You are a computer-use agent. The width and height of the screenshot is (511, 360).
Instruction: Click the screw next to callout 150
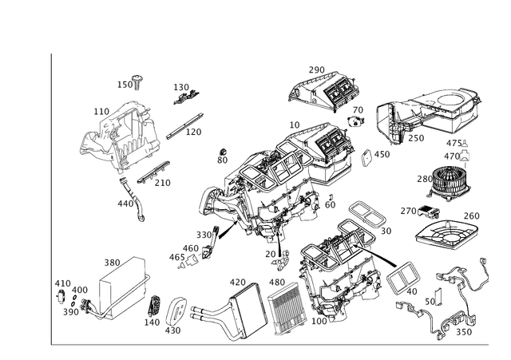point(137,83)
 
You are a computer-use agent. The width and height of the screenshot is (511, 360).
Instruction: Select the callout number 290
point(317,69)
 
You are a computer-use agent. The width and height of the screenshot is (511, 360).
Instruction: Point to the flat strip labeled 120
point(184,126)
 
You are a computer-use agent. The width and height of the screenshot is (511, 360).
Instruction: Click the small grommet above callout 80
point(224,152)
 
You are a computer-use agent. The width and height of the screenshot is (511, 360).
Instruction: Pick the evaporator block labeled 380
point(122,287)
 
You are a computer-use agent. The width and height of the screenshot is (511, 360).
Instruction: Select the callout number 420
point(238,282)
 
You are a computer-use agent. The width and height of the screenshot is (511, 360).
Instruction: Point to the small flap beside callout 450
point(366,158)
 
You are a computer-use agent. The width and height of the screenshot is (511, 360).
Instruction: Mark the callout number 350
point(464,332)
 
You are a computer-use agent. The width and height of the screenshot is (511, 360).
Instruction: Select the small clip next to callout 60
point(331,197)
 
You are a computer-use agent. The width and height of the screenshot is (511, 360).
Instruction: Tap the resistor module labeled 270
point(429,212)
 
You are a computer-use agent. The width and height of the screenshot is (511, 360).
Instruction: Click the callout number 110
point(101,112)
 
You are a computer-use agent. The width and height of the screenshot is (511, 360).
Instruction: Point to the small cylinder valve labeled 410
point(61,296)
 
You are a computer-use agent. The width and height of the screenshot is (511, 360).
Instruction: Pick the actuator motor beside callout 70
point(355,121)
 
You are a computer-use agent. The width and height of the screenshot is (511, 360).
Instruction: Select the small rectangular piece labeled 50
point(438,297)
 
